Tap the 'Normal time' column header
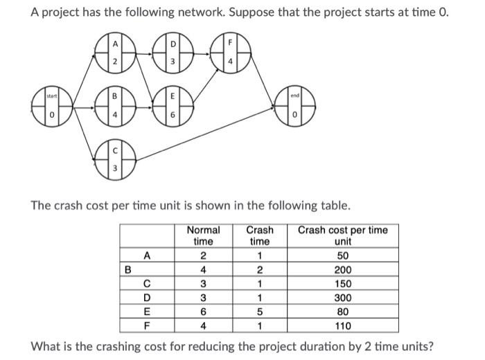click(x=204, y=235)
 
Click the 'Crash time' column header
click(x=260, y=235)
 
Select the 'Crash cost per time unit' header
click(x=342, y=235)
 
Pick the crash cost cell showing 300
click(x=342, y=296)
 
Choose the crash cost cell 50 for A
click(x=342, y=255)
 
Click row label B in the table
click(x=127, y=269)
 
